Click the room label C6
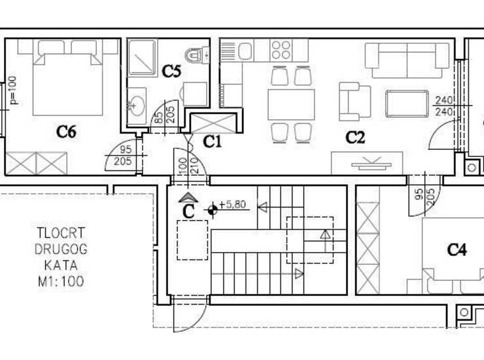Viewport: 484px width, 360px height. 66,132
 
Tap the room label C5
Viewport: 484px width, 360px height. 171,71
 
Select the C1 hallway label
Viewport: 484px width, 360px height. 213,141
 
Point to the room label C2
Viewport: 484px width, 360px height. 355,137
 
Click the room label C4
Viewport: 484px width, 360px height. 457,249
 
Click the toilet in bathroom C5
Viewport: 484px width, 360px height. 198,56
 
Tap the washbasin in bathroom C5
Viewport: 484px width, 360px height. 136,106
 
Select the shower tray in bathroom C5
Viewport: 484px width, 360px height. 143,58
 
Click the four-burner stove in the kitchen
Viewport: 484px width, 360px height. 281,50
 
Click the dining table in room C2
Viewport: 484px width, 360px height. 291,105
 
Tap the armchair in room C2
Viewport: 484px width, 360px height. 354,101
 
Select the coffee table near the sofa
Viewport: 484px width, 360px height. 407,104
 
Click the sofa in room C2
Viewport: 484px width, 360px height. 407,60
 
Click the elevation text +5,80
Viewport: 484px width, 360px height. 232,204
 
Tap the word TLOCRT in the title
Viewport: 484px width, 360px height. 61,232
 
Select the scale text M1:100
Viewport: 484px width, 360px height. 61,281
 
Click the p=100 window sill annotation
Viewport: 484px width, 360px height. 14,90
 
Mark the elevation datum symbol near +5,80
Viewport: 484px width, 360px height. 213,210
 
